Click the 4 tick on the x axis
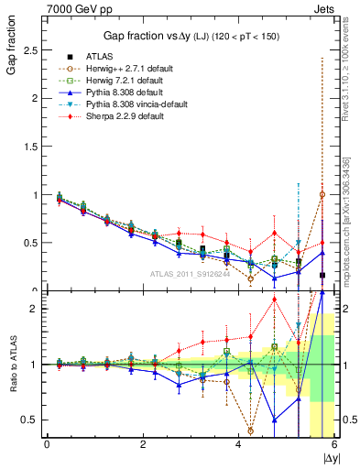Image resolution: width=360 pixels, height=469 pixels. (x=238, y=444)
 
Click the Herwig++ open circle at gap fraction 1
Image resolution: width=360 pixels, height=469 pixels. (x=322, y=194)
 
